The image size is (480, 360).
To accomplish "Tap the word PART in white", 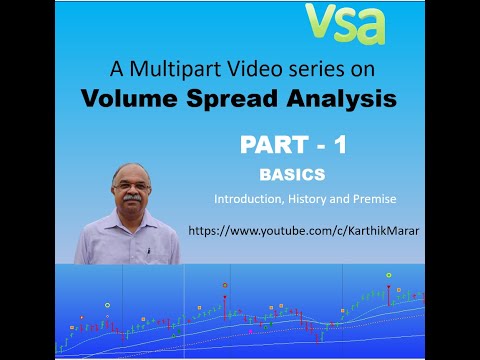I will pos(274,145).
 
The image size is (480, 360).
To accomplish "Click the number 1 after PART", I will pos(340,145).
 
